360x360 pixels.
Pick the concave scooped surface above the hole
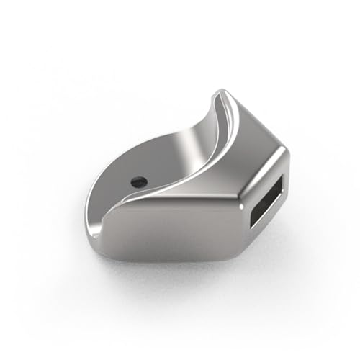[x=155, y=155]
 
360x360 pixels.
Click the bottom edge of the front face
[x=173, y=257]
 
